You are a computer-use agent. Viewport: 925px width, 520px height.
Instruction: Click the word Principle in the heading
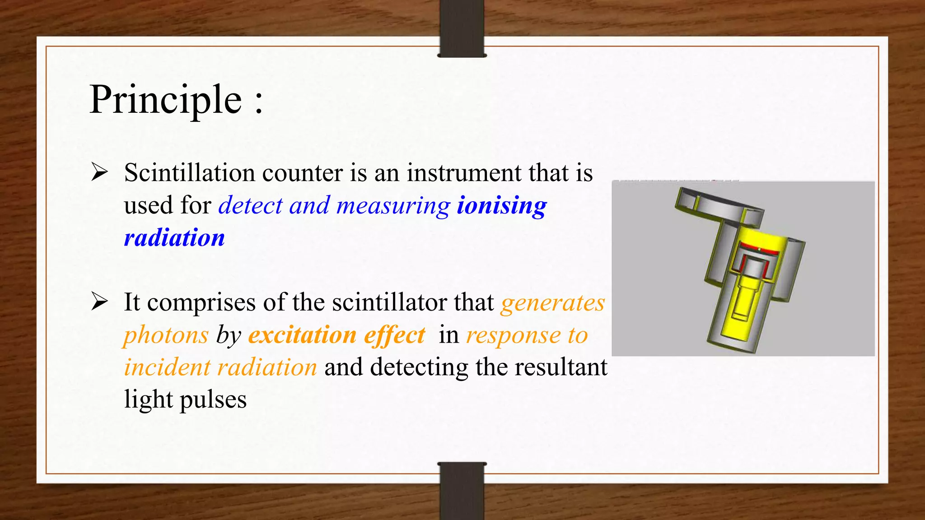pyautogui.click(x=166, y=100)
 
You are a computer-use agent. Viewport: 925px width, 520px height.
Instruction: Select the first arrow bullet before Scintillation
pyautogui.click(x=99, y=172)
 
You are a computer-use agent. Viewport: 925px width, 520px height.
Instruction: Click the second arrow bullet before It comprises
pyautogui.click(x=99, y=302)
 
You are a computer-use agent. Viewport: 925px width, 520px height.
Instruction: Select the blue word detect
pyautogui.click(x=250, y=205)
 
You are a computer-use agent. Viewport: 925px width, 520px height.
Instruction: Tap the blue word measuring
pyautogui.click(x=393, y=205)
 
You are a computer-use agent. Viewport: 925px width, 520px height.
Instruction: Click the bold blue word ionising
pyautogui.click(x=501, y=205)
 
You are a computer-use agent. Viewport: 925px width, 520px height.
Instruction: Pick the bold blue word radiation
pyautogui.click(x=174, y=238)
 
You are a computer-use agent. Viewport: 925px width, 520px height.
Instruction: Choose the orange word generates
pyautogui.click(x=552, y=303)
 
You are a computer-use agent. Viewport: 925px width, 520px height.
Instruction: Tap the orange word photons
pyautogui.click(x=166, y=335)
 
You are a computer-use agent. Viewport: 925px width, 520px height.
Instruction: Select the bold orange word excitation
pyautogui.click(x=302, y=335)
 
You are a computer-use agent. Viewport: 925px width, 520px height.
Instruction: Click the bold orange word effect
pyautogui.click(x=394, y=335)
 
